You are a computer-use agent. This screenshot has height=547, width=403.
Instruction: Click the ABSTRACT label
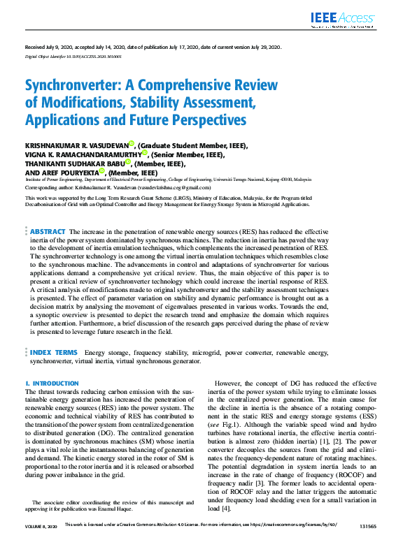coord(48,231)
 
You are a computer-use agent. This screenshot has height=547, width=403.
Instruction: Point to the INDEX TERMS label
coord(54,353)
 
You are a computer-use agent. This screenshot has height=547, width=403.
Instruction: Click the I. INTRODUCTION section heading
coord(52,384)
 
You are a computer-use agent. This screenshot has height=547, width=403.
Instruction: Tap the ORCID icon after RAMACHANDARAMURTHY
coord(144,153)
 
